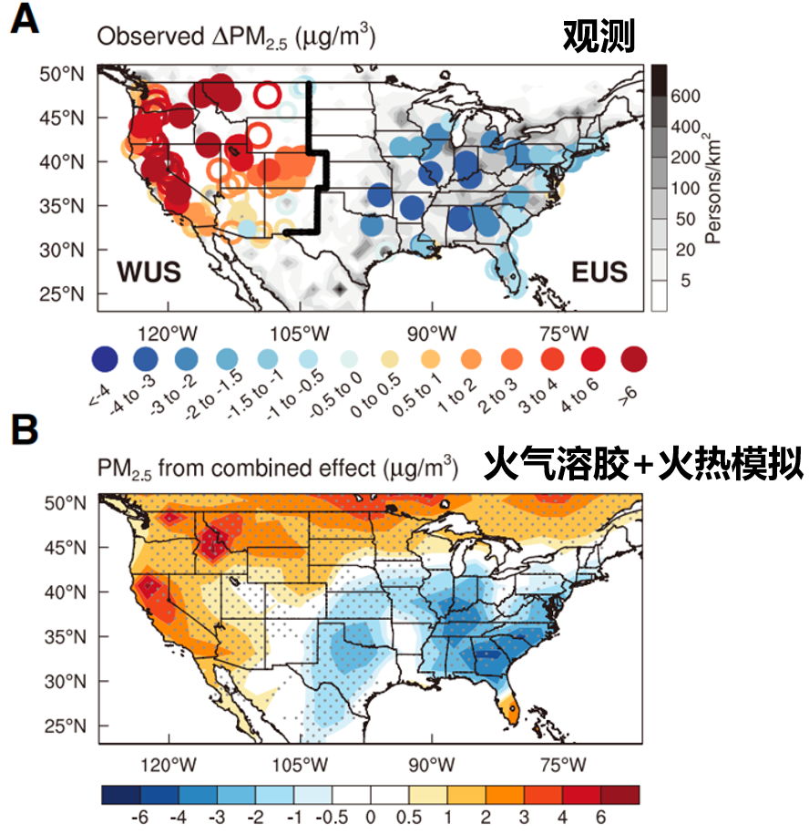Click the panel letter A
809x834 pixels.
(25, 19)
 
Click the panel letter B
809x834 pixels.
(25, 429)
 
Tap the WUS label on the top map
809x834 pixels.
(148, 272)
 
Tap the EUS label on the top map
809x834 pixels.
(599, 272)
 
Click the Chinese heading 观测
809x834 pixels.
(598, 36)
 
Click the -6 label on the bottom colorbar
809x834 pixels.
(139, 818)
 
